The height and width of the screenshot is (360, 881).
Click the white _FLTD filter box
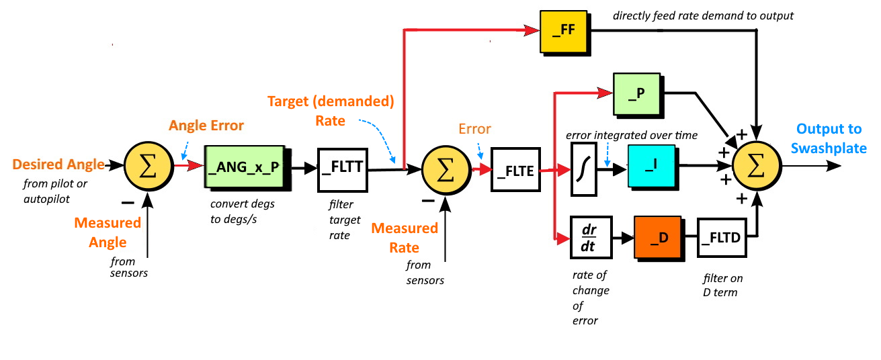(720, 237)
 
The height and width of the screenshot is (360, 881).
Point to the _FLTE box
(516, 171)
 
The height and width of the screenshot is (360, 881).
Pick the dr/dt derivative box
(590, 237)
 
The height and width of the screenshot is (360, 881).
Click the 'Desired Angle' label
(58, 165)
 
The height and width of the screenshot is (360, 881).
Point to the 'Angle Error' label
(206, 126)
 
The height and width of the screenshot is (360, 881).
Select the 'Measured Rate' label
(405, 237)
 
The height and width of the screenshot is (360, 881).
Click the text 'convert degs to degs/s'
(243, 211)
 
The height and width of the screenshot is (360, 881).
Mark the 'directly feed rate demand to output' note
(703, 15)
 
